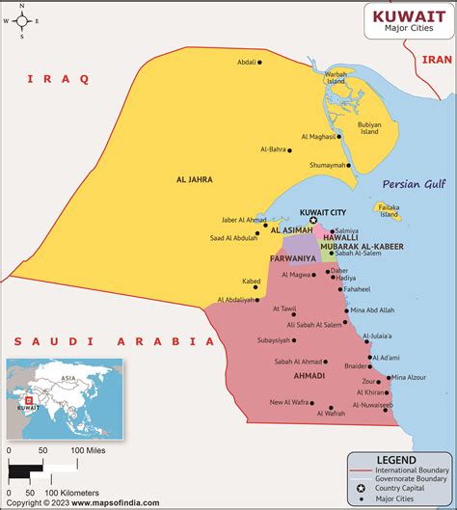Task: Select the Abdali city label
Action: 247,63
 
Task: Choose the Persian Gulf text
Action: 415,184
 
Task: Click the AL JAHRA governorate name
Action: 194,179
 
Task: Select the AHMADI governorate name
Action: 309,375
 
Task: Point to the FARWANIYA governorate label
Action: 294,258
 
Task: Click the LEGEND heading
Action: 396,461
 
